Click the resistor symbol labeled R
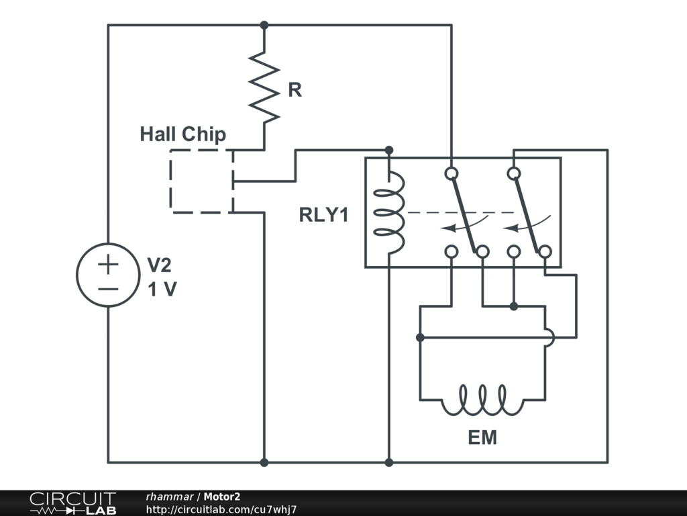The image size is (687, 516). [x=264, y=87]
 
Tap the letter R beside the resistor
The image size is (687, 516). [x=295, y=90]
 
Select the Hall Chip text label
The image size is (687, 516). [x=182, y=134]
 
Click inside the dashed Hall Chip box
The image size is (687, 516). [x=201, y=181]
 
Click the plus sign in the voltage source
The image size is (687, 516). [x=108, y=264]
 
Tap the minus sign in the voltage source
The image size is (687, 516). [x=108, y=289]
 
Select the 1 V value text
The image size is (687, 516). [x=162, y=290]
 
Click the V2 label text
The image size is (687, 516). [x=159, y=265]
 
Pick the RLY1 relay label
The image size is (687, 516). [x=324, y=215]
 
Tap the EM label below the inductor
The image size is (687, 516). [x=482, y=437]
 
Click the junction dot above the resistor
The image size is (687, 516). [x=264, y=26]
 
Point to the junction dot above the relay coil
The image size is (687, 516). [x=388, y=150]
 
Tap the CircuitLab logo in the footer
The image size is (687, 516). [x=72, y=503]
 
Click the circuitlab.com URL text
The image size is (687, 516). [x=221, y=509]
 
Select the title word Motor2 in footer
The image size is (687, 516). [x=221, y=497]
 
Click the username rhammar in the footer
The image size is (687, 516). [x=170, y=497]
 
